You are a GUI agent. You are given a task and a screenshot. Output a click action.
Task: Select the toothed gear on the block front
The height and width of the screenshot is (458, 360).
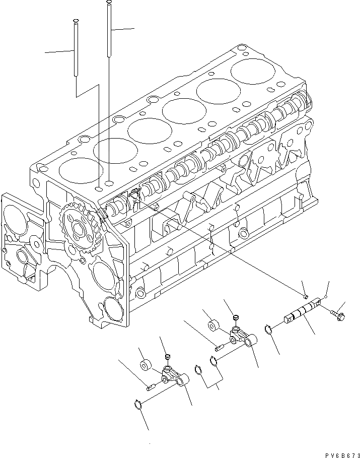[x=79, y=230]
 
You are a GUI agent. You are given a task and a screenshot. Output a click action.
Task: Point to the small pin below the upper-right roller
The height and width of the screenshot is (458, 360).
[x=219, y=346]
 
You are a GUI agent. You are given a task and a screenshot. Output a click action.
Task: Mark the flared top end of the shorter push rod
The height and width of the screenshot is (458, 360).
[x=75, y=21]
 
